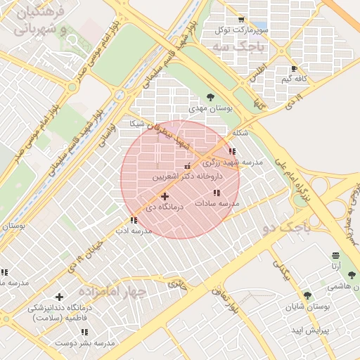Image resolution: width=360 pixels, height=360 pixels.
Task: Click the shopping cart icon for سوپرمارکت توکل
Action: [x=241, y=19]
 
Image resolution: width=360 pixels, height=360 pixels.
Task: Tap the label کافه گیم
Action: [x=293, y=79]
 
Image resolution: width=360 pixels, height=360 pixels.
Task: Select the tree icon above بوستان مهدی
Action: [x=211, y=98]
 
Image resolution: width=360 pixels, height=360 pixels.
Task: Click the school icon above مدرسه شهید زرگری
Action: [x=232, y=151]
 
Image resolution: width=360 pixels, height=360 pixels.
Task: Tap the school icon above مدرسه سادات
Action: [x=217, y=192]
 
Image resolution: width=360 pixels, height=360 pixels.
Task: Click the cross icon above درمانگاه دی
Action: [x=165, y=196]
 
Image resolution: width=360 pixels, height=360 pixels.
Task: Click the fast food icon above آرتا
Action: [x=336, y=255]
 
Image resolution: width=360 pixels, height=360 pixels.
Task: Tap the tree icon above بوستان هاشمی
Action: [x=352, y=275]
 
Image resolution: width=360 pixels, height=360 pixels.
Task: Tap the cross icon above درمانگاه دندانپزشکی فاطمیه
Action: [x=59, y=297]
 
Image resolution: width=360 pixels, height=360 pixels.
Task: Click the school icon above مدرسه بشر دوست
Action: [x=84, y=332]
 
